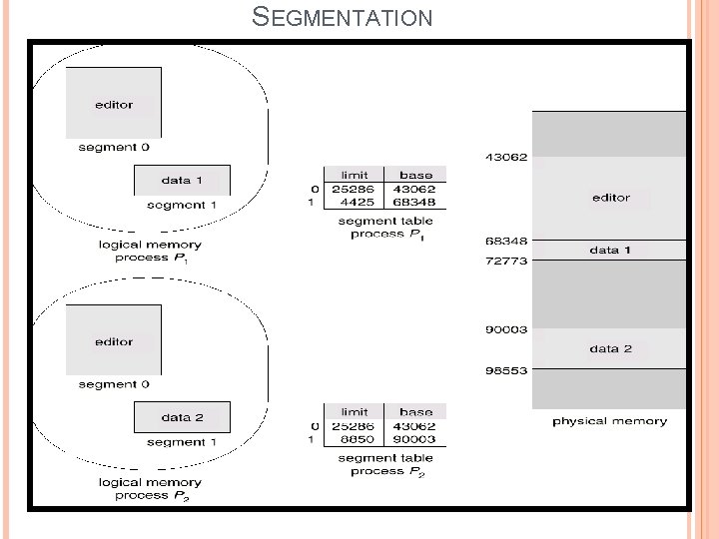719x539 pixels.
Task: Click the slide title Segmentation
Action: [x=342, y=17]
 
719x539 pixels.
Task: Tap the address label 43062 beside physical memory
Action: [x=506, y=157]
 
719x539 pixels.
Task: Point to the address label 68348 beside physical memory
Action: [x=506, y=241]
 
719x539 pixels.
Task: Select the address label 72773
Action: [x=506, y=261]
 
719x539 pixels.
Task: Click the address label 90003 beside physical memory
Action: [x=506, y=329]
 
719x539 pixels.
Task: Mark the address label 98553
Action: [x=506, y=370]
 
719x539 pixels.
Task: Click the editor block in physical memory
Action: [x=610, y=198]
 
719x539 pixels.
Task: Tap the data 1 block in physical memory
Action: [x=610, y=250]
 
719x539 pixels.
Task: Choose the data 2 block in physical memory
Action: [x=610, y=348]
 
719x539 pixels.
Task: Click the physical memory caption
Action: [x=609, y=421]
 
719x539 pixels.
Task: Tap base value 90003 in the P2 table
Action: [x=415, y=439]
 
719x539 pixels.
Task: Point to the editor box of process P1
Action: [x=114, y=103]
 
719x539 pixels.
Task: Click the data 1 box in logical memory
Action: [x=182, y=181]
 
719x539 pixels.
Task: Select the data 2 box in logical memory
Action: [x=182, y=417]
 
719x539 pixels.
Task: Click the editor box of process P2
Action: [x=114, y=341]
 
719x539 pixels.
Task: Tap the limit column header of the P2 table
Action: [x=355, y=411]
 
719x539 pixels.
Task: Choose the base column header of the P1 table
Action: [x=415, y=175]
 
